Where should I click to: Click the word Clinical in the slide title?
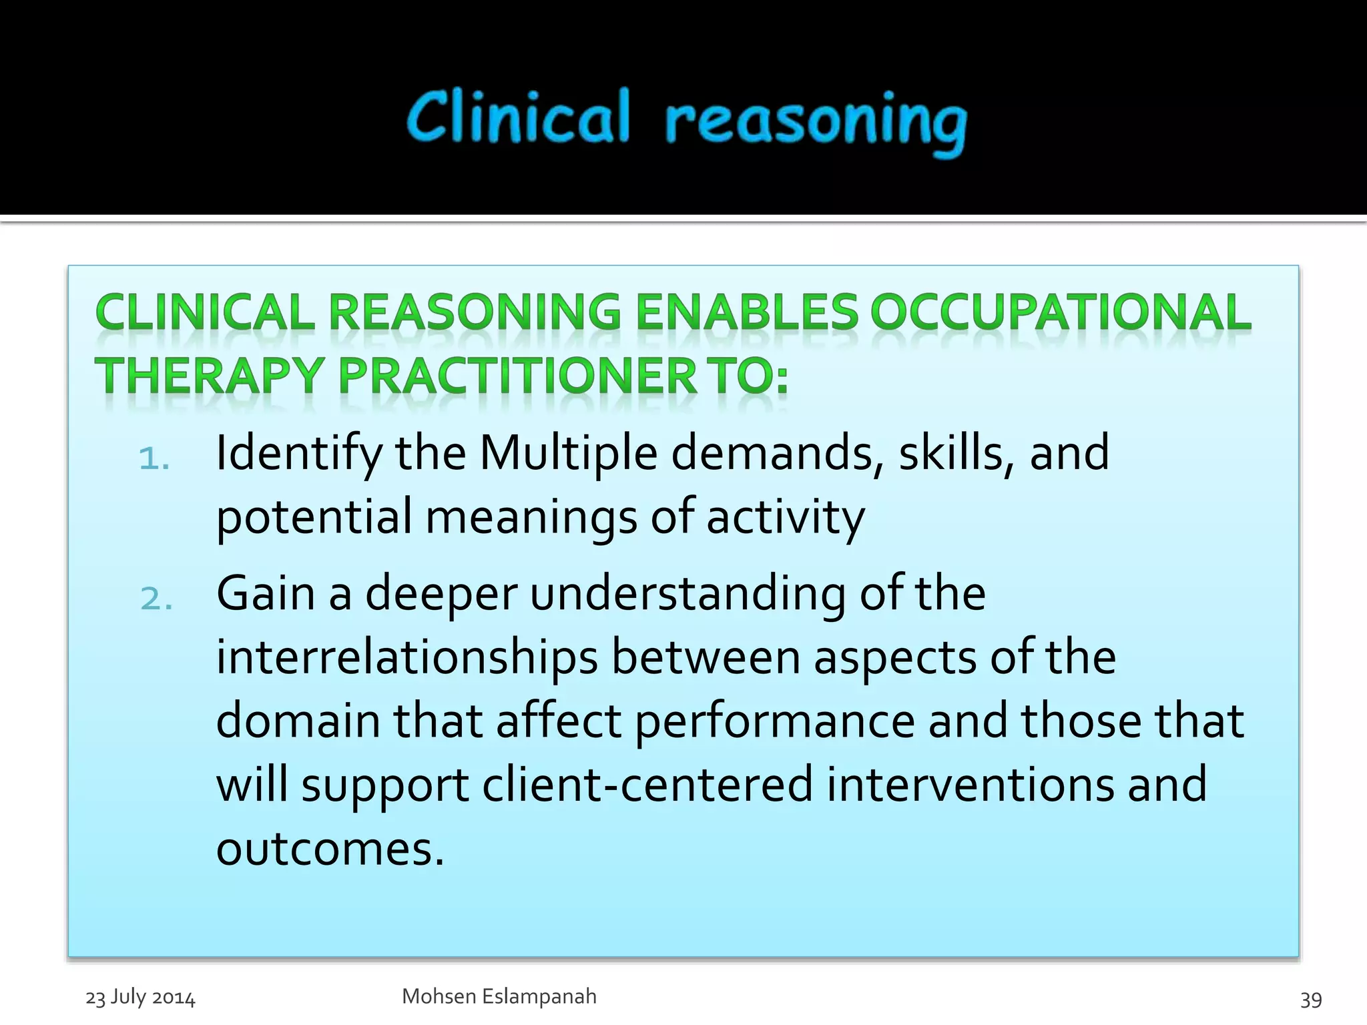coord(518,117)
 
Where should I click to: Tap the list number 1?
coord(154,459)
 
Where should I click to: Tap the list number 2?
coord(156,599)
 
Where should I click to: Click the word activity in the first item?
coord(785,518)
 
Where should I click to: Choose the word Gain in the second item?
coord(266,593)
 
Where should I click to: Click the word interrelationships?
coord(406,658)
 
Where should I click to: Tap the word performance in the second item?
coord(774,722)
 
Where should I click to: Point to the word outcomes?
coord(330,849)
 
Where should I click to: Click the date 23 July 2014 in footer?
coord(140,998)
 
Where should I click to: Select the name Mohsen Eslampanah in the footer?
coord(499,996)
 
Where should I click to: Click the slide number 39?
coord(1311,999)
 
